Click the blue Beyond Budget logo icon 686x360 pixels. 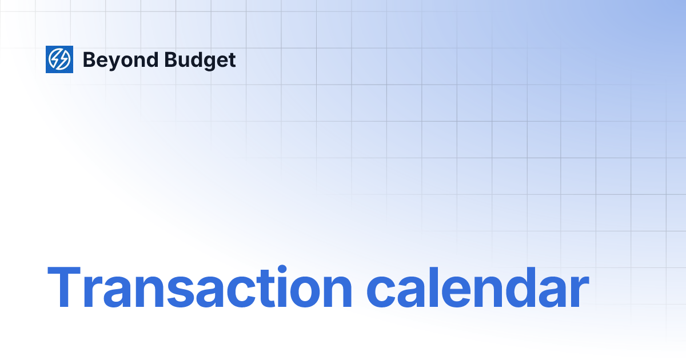(59, 59)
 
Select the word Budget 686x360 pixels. (200, 60)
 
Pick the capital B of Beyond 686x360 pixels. (90, 59)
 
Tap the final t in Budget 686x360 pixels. (231, 60)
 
